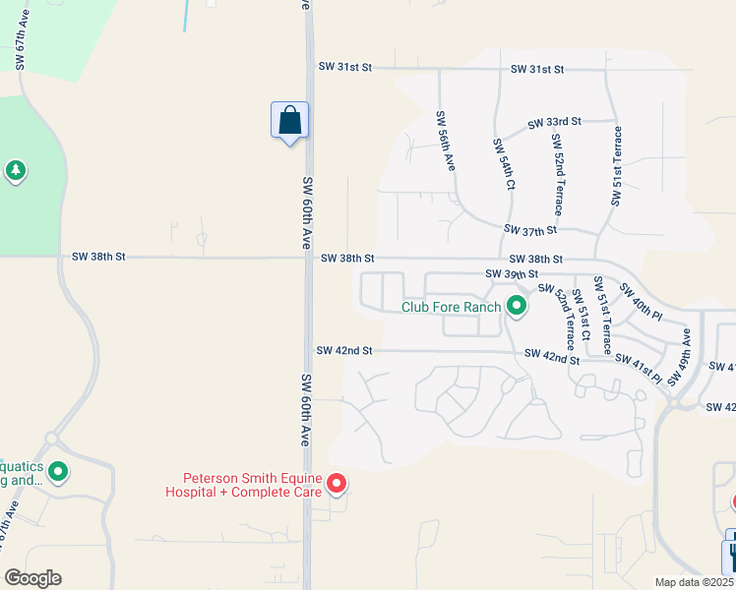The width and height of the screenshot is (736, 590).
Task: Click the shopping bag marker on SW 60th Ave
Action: click(289, 121)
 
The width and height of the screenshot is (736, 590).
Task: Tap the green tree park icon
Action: click(15, 171)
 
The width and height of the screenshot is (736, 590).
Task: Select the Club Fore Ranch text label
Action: click(452, 307)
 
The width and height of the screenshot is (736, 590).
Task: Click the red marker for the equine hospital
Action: click(337, 483)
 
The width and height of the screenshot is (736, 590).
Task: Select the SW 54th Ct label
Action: click(503, 164)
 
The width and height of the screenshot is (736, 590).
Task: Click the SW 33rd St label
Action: click(554, 123)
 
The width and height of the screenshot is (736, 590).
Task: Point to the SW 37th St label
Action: click(529, 230)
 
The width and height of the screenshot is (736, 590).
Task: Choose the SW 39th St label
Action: click(512, 273)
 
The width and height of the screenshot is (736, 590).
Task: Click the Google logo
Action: click(32, 578)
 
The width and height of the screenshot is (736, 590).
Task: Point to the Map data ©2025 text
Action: click(693, 582)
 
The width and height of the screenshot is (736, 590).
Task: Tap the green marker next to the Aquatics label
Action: click(58, 472)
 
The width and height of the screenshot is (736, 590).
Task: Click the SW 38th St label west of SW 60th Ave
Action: click(98, 257)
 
